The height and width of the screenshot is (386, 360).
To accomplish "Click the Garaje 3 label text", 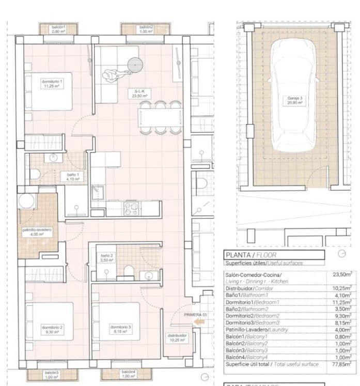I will pyautogui.click(x=294, y=100).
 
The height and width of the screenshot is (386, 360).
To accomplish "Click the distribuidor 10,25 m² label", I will pyautogui.click(x=177, y=337).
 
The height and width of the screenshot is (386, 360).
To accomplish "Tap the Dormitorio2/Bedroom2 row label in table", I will pyautogui.click(x=253, y=315).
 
